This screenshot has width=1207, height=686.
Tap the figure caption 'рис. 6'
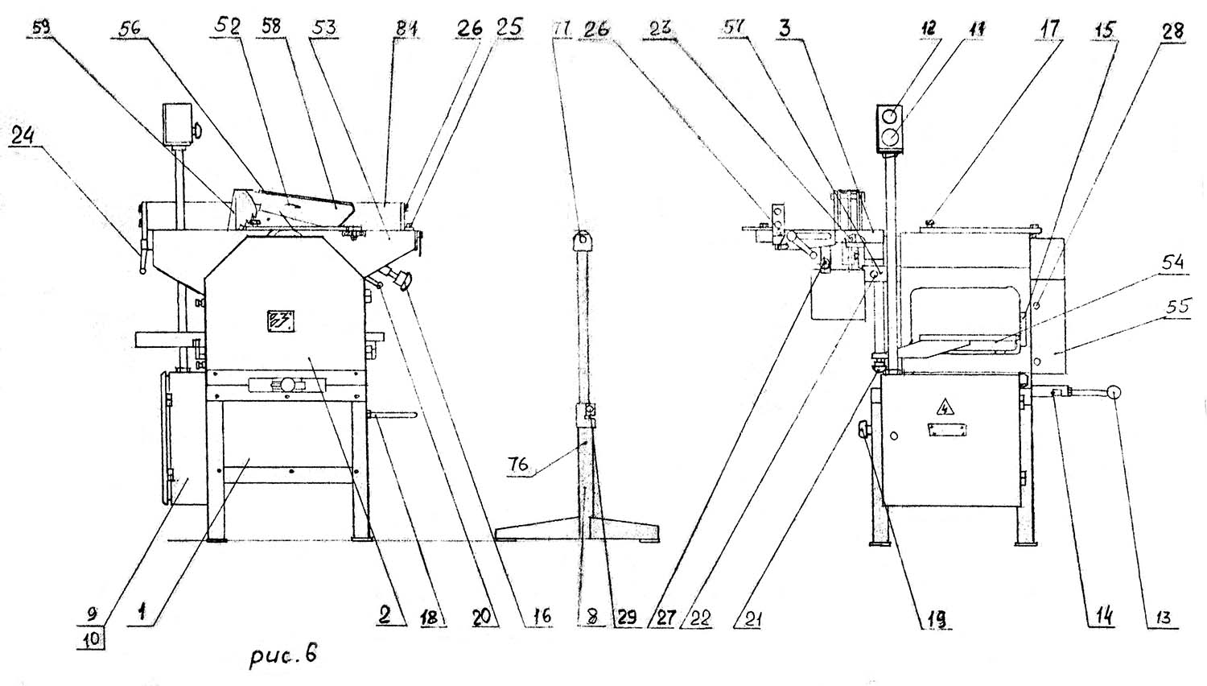(281, 653)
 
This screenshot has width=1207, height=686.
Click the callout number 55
(1091, 307)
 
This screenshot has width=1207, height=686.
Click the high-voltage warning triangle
(941, 407)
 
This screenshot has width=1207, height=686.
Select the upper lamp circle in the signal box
(891, 116)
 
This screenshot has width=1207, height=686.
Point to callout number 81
(408, 29)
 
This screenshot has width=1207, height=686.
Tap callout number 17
(1049, 30)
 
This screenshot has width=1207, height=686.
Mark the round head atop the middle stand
(583, 239)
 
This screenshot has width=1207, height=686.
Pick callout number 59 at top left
(41, 28)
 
